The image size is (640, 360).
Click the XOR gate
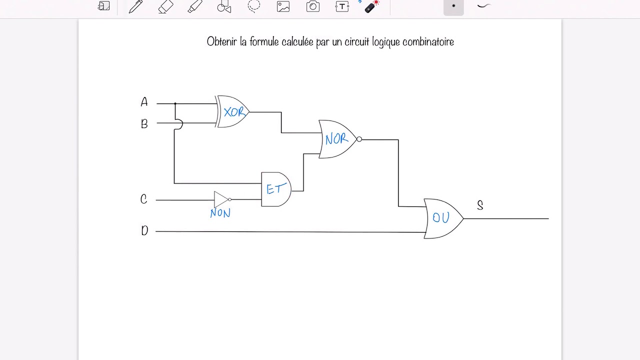pos(233,111)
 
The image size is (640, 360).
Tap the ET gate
pos(276,189)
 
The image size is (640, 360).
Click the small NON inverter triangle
pos(221,199)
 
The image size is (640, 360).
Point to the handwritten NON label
pos(220,213)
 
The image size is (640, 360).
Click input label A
pos(144,102)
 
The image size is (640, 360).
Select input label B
pos(144,123)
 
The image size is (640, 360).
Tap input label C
pos(144,199)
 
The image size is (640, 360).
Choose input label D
pos(144,231)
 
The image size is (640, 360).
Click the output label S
pos(480,205)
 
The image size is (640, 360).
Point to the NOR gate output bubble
pos(359,139)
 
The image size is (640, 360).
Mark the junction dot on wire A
pos(175,103)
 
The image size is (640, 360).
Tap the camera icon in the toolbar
pos(313,6)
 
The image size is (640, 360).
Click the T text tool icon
pos(342,6)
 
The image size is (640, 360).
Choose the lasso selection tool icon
pos(254,6)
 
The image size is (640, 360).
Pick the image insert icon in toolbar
pos(283,6)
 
